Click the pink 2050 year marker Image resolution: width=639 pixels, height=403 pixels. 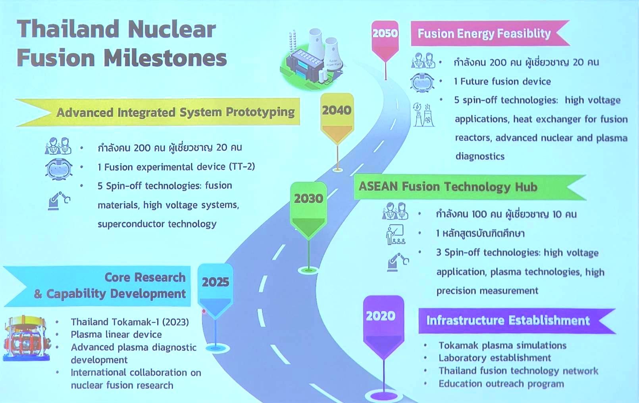click(385, 41)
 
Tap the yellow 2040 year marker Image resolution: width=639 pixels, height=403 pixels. click(337, 118)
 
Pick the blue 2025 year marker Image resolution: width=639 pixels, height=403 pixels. click(216, 291)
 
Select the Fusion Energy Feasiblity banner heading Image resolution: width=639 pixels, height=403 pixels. click(484, 34)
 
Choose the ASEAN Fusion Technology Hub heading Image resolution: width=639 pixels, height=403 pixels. click(448, 187)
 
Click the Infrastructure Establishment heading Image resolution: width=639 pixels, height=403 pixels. click(508, 320)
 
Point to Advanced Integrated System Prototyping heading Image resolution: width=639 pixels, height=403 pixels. click(175, 112)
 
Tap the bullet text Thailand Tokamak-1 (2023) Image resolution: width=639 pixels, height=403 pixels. click(130, 322)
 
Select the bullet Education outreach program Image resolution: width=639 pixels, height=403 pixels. click(501, 384)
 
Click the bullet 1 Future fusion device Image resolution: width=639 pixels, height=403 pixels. click(502, 81)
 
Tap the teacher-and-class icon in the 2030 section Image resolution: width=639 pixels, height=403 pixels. click(395, 234)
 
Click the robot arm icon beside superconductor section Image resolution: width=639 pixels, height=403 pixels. click(59, 201)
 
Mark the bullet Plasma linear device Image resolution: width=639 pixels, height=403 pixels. click(116, 334)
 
